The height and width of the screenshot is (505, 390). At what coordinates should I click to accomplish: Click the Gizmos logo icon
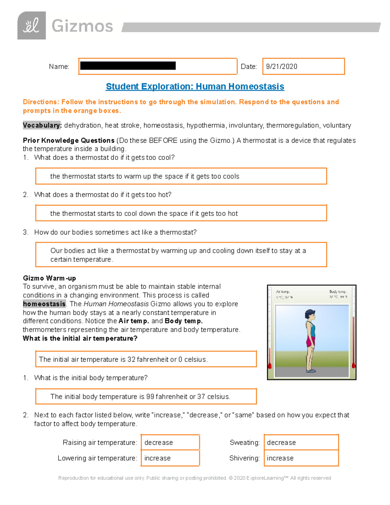pos(32,26)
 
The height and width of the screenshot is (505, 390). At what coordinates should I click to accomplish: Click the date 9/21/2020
pos(281,67)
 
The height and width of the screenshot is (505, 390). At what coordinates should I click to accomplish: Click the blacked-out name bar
pos(128,66)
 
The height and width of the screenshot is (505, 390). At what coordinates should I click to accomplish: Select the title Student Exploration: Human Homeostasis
pos(195,86)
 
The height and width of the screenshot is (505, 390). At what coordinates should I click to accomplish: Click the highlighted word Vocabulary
pos(42,126)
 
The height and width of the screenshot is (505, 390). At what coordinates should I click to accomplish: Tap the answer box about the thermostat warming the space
pos(181,176)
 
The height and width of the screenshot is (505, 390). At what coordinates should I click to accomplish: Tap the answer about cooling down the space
pos(181,213)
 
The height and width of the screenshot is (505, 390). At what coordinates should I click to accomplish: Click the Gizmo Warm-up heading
pos(49,278)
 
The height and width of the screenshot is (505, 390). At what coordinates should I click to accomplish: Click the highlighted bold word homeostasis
pos(44,304)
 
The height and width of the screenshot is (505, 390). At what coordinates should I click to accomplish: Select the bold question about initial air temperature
pos(80,339)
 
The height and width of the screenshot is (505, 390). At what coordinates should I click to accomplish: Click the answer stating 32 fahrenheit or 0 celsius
pos(146,359)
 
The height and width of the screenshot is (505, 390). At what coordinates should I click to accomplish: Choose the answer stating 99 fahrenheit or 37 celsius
pos(146,396)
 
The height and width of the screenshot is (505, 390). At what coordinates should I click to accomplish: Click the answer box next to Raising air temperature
pos(170,443)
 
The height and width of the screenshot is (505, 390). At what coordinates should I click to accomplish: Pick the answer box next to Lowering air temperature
pos(170,458)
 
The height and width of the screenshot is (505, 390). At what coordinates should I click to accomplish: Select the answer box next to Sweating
pos(301,443)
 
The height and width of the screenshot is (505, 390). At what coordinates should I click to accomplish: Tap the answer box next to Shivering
pos(301,458)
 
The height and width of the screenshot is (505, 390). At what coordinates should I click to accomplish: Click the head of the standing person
pos(310,315)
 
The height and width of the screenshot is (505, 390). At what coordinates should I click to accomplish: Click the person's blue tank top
pos(311,330)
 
